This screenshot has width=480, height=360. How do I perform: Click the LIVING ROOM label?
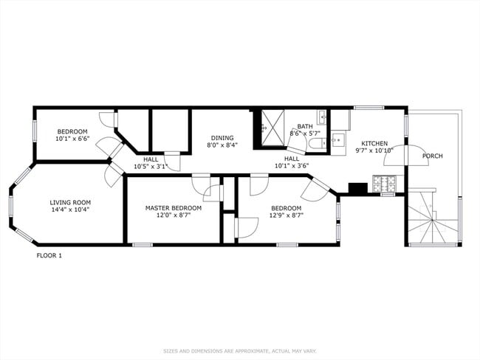(70, 202)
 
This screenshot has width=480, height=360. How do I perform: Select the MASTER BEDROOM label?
(174, 208)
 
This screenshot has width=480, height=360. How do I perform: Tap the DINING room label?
(222, 137)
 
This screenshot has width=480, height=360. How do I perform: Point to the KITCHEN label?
(374, 143)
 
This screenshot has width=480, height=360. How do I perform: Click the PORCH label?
(433, 156)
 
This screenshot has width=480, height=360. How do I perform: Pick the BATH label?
(305, 126)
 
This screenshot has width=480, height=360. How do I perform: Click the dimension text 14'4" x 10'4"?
(70, 210)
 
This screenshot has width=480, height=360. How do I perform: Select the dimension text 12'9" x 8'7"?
(286, 215)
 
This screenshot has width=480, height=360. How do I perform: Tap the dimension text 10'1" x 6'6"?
(72, 138)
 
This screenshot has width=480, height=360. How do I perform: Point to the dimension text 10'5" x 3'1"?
(151, 166)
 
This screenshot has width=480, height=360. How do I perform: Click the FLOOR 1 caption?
(49, 255)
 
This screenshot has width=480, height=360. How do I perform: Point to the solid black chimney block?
(357, 189)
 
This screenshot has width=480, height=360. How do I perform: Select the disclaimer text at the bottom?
(240, 350)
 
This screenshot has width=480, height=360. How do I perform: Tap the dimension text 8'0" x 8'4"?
(222, 145)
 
